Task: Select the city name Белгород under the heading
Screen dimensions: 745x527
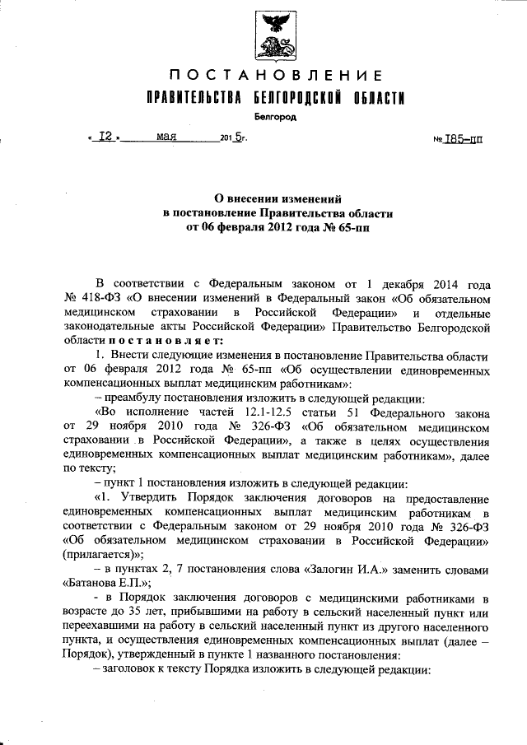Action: [275, 118]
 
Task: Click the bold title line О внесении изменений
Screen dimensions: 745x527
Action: [275, 198]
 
